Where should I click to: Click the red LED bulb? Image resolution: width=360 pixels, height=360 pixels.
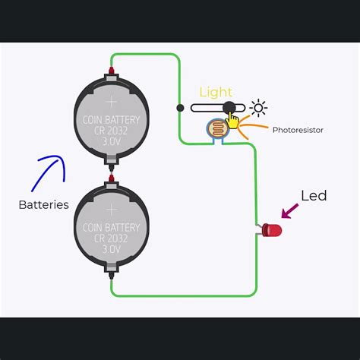click(271, 230)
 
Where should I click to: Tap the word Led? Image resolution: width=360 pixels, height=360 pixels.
click(314, 196)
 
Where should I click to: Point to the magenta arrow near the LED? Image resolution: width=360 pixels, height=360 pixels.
click(290, 210)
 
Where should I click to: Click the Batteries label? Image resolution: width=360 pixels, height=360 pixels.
click(43, 204)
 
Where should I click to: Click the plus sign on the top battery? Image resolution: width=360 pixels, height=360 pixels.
click(111, 101)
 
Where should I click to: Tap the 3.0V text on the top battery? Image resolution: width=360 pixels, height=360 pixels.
click(111, 141)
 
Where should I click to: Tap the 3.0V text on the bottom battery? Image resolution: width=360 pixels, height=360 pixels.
click(111, 249)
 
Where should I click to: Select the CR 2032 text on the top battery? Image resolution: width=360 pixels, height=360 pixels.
click(111, 130)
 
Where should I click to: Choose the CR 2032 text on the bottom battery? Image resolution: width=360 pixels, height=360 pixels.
click(111, 238)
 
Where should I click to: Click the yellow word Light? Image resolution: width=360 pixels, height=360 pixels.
click(216, 92)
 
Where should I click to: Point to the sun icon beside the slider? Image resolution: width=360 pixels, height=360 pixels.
click(259, 108)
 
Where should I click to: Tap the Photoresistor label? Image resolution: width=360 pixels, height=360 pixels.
click(298, 130)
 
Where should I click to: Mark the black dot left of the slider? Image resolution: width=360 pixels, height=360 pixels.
click(180, 108)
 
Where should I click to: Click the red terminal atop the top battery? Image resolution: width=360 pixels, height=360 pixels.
click(111, 71)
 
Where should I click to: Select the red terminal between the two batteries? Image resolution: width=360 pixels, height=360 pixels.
click(111, 178)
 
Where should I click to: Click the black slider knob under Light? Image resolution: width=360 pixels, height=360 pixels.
click(229, 108)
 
